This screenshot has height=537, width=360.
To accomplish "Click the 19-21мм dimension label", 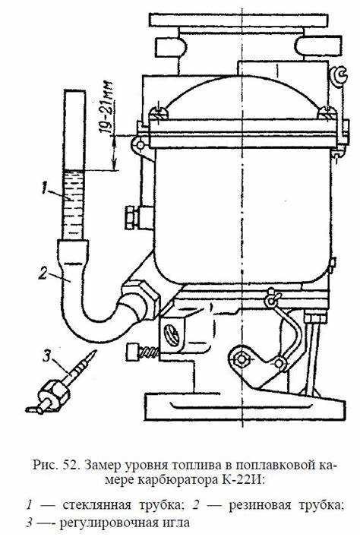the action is click(109, 106).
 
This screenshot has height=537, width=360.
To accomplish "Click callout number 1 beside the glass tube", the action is click(45, 188).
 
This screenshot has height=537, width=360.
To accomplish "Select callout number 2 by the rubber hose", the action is click(43, 273).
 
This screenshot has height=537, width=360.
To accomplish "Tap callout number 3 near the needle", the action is click(47, 355).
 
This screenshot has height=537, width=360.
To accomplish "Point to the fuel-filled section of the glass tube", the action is click(74, 204).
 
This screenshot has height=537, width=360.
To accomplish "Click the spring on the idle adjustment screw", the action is click(150, 352).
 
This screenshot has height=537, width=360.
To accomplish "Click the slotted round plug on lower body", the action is click(172, 334).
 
